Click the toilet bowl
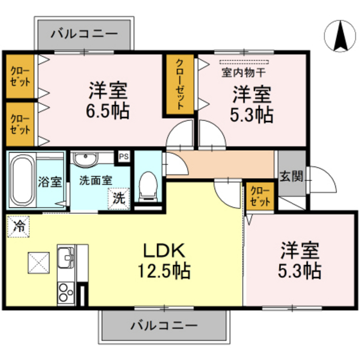148,185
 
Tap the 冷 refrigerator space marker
19,226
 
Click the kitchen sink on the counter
66,258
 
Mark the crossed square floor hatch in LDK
38,264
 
